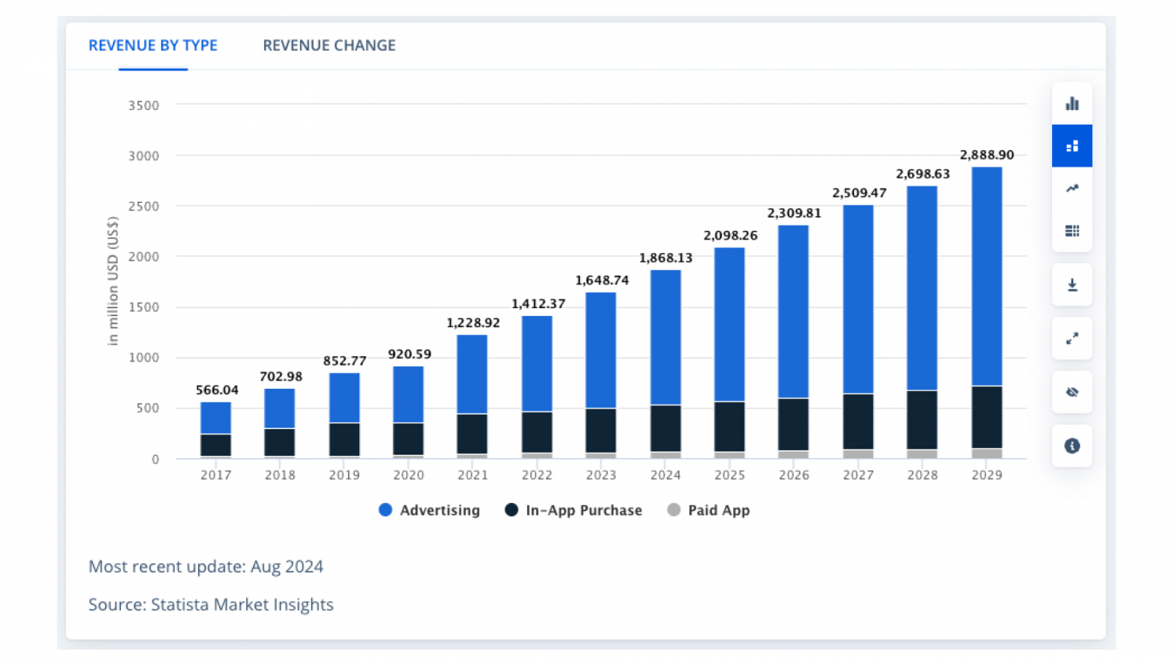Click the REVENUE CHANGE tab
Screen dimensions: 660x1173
329,45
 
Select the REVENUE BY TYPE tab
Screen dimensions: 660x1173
152,45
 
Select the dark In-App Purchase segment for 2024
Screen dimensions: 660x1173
666,428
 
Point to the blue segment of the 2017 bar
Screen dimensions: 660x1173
216,418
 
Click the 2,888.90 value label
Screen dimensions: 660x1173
987,155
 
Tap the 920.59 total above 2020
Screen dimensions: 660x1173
409,354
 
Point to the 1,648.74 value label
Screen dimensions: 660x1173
602,280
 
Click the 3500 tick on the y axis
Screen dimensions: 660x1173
144,106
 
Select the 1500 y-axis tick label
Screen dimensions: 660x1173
144,307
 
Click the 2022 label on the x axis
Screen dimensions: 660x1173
537,475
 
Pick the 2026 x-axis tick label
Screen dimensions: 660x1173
794,475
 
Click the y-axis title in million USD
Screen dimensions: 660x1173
112,281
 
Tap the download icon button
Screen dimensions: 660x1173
1072,285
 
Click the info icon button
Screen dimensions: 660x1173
1072,446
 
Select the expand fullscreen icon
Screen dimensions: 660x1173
1072,339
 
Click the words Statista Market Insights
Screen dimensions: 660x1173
242,605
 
